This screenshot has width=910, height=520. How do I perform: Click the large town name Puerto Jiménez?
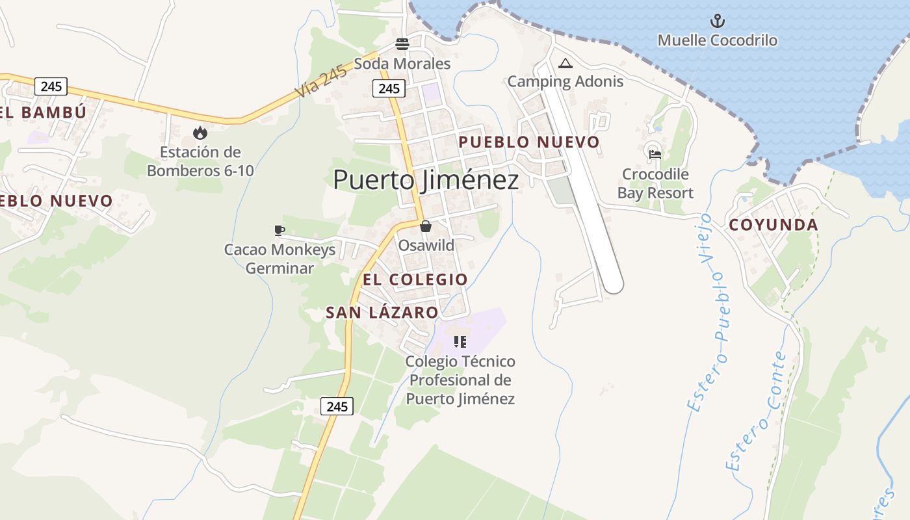pyautogui.click(x=426, y=180)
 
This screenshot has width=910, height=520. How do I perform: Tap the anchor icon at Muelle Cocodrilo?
pyautogui.click(x=717, y=21)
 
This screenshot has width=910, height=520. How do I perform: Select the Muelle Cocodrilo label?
pyautogui.click(x=717, y=40)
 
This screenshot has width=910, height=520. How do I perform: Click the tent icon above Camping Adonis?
pyautogui.click(x=565, y=63)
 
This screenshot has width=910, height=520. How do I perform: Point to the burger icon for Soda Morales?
pyautogui.click(x=402, y=44)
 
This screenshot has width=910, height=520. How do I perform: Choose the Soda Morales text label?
pyautogui.click(x=402, y=64)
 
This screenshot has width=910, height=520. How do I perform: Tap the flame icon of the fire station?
pyautogui.click(x=200, y=133)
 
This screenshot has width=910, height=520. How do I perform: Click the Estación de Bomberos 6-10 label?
pyautogui.click(x=200, y=162)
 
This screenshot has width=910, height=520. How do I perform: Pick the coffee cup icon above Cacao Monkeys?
pyautogui.click(x=279, y=230)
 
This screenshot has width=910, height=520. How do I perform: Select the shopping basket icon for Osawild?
pyautogui.click(x=426, y=226)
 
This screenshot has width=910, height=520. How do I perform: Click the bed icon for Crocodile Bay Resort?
pyautogui.click(x=655, y=155)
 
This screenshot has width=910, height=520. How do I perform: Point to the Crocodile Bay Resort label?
pyautogui.click(x=655, y=184)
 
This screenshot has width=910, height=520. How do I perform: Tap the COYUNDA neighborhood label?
pyautogui.click(x=773, y=225)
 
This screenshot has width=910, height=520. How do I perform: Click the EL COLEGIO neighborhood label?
pyautogui.click(x=415, y=279)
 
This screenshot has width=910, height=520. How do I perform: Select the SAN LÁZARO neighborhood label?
pyautogui.click(x=382, y=313)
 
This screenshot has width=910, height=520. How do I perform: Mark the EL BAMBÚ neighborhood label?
pyautogui.click(x=43, y=112)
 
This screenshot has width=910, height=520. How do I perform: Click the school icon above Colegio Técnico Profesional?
pyautogui.click(x=460, y=341)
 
